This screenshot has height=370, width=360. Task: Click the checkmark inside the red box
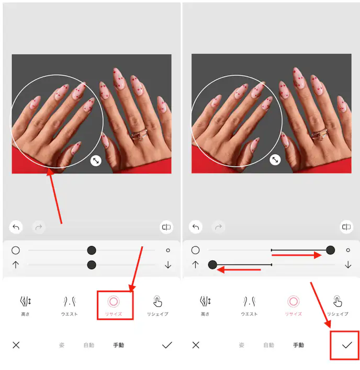point(346,345)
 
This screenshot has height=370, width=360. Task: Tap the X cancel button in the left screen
point(16,345)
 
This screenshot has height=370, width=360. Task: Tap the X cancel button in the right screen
point(196,345)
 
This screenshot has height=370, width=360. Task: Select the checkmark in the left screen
point(167,345)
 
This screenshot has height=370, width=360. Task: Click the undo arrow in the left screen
point(16,227)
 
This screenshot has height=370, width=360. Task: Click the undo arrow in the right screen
point(196,227)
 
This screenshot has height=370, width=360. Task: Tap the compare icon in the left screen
point(166,227)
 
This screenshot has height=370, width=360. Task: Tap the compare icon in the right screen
point(346,227)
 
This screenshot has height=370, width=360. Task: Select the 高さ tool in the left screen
point(25,305)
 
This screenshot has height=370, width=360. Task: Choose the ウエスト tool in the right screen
point(249,305)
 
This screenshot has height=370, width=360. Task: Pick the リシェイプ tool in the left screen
point(157,305)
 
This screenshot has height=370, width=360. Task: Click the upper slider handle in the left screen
point(92,250)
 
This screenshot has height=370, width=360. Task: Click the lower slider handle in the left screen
point(92,265)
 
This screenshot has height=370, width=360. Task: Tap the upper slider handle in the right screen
point(330,250)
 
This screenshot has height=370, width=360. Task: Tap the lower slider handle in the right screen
point(212,265)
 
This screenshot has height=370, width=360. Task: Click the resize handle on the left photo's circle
point(96,161)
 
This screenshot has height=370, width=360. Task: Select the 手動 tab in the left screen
point(119,345)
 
